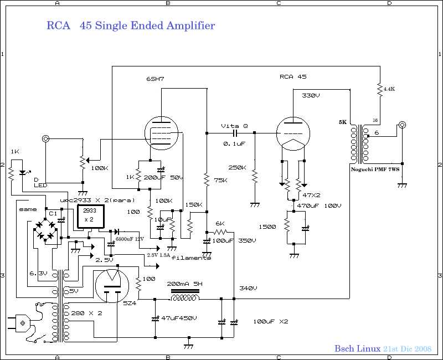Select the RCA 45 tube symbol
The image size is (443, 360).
293,133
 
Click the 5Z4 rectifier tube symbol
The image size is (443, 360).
112,286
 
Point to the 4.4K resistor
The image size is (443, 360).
380,89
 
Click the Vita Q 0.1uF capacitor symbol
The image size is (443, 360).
235,133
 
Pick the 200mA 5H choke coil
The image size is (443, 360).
185,297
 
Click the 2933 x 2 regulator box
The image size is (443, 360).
90,215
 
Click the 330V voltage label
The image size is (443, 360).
311,95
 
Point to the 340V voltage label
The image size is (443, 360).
248,288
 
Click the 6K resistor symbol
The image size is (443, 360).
220,232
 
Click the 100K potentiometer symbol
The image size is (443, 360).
83,161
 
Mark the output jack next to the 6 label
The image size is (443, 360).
402,125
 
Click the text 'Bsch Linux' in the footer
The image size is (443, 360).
357,349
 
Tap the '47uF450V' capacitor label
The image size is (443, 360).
179,318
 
